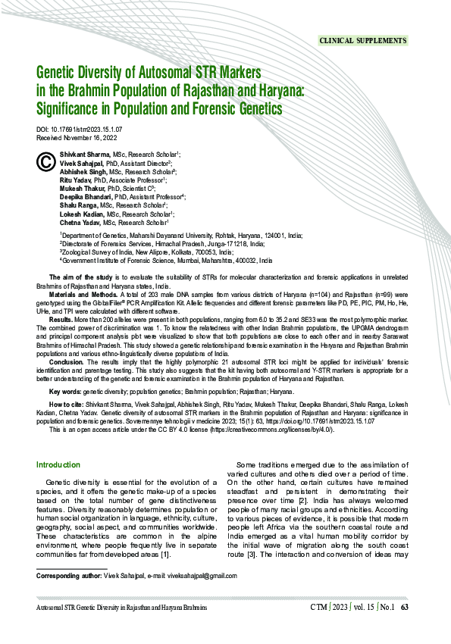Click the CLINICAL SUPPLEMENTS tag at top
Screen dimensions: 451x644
click(x=362, y=39)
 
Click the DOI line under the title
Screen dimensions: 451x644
click(x=80, y=130)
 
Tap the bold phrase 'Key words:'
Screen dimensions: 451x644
click(x=64, y=392)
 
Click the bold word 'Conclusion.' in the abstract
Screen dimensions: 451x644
click(x=66, y=361)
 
